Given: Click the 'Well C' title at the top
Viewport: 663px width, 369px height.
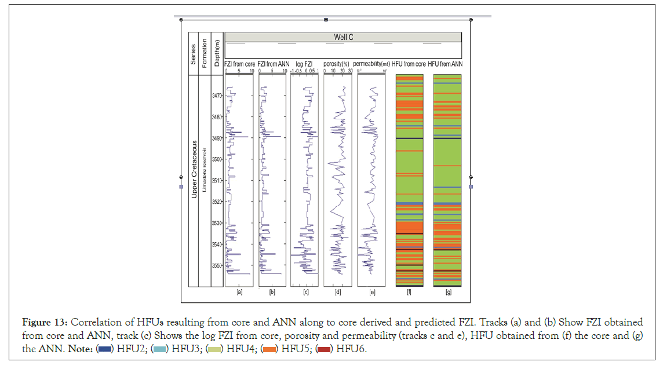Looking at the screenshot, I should tap(343, 37).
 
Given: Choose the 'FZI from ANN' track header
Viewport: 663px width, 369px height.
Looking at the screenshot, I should tap(272, 64).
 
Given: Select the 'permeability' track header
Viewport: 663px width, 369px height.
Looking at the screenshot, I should tap(370, 64).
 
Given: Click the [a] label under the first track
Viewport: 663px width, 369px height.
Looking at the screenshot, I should tap(239, 293).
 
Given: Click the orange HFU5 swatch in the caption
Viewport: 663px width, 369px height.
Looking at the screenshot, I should tap(269, 349).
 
